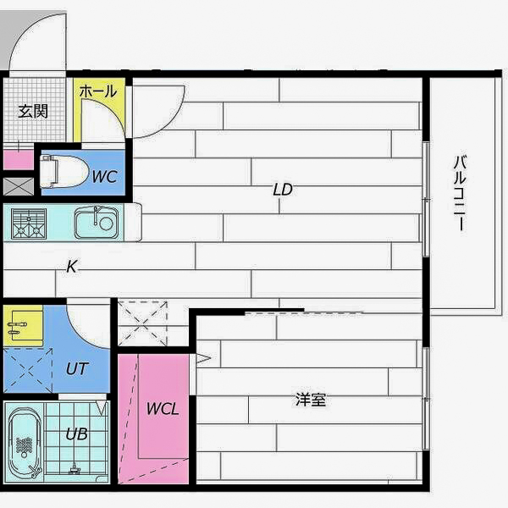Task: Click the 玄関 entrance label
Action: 32,111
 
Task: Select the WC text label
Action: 104,177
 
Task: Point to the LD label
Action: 282,190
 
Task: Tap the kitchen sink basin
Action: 95,224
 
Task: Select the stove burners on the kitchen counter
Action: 29,223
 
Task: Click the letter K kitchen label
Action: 72,267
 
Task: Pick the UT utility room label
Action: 76,368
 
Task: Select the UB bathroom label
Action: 76,434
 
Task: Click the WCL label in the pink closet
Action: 163,408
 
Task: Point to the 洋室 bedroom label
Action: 311,399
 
